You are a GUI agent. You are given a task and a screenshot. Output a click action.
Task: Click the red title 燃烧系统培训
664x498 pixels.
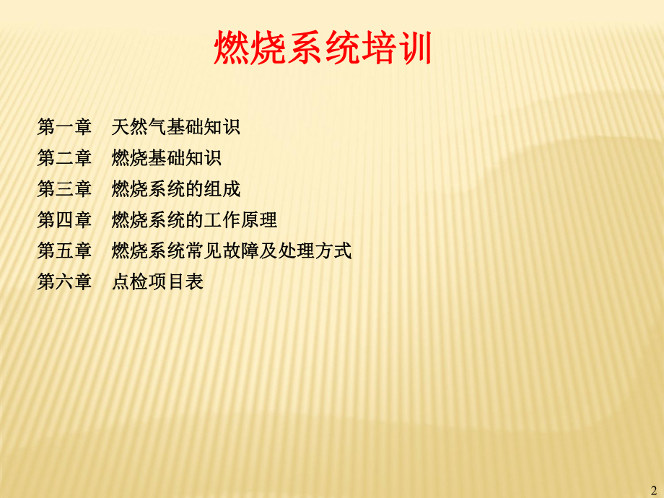coord(323,49)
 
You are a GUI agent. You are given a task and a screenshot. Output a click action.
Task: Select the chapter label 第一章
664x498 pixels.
coord(64,128)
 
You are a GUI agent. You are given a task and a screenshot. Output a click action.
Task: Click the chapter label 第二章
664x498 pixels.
coord(64,158)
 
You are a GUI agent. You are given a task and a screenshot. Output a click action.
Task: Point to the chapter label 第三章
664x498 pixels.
coord(64,189)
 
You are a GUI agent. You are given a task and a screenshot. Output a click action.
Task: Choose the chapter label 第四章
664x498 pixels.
coord(64,220)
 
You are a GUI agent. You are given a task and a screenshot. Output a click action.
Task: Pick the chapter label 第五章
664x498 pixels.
coord(64,251)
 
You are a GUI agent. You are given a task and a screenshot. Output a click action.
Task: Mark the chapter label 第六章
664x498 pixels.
coord(64,281)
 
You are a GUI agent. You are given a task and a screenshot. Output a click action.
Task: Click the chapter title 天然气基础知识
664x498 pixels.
coord(176,128)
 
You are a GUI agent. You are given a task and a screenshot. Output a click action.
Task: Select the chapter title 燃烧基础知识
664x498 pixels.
coord(167,158)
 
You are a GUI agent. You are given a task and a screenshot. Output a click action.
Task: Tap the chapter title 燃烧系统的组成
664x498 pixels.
coord(176,189)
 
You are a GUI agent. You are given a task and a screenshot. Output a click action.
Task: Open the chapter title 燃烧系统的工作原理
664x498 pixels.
coord(195,220)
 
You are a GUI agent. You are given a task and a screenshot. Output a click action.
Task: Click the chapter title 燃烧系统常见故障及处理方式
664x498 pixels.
coord(232,251)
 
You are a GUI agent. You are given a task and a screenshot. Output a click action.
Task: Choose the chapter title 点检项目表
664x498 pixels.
coord(157,281)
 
